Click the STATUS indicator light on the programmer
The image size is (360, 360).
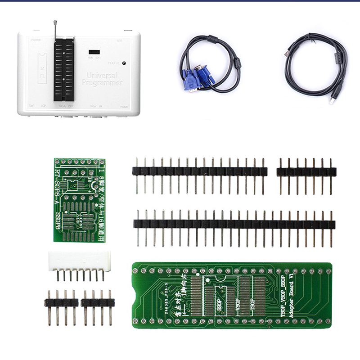tap(124, 64)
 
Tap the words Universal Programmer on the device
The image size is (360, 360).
tap(102, 79)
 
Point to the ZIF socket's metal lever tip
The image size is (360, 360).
tap(54, 22)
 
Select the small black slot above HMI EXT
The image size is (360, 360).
tap(94, 52)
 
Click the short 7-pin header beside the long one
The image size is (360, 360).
tap(306, 171)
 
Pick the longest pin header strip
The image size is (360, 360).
tap(234, 223)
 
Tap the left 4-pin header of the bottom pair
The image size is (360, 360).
tap(61, 302)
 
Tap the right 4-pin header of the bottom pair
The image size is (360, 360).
tap(97, 302)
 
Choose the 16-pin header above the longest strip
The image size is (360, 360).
tap(200, 171)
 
